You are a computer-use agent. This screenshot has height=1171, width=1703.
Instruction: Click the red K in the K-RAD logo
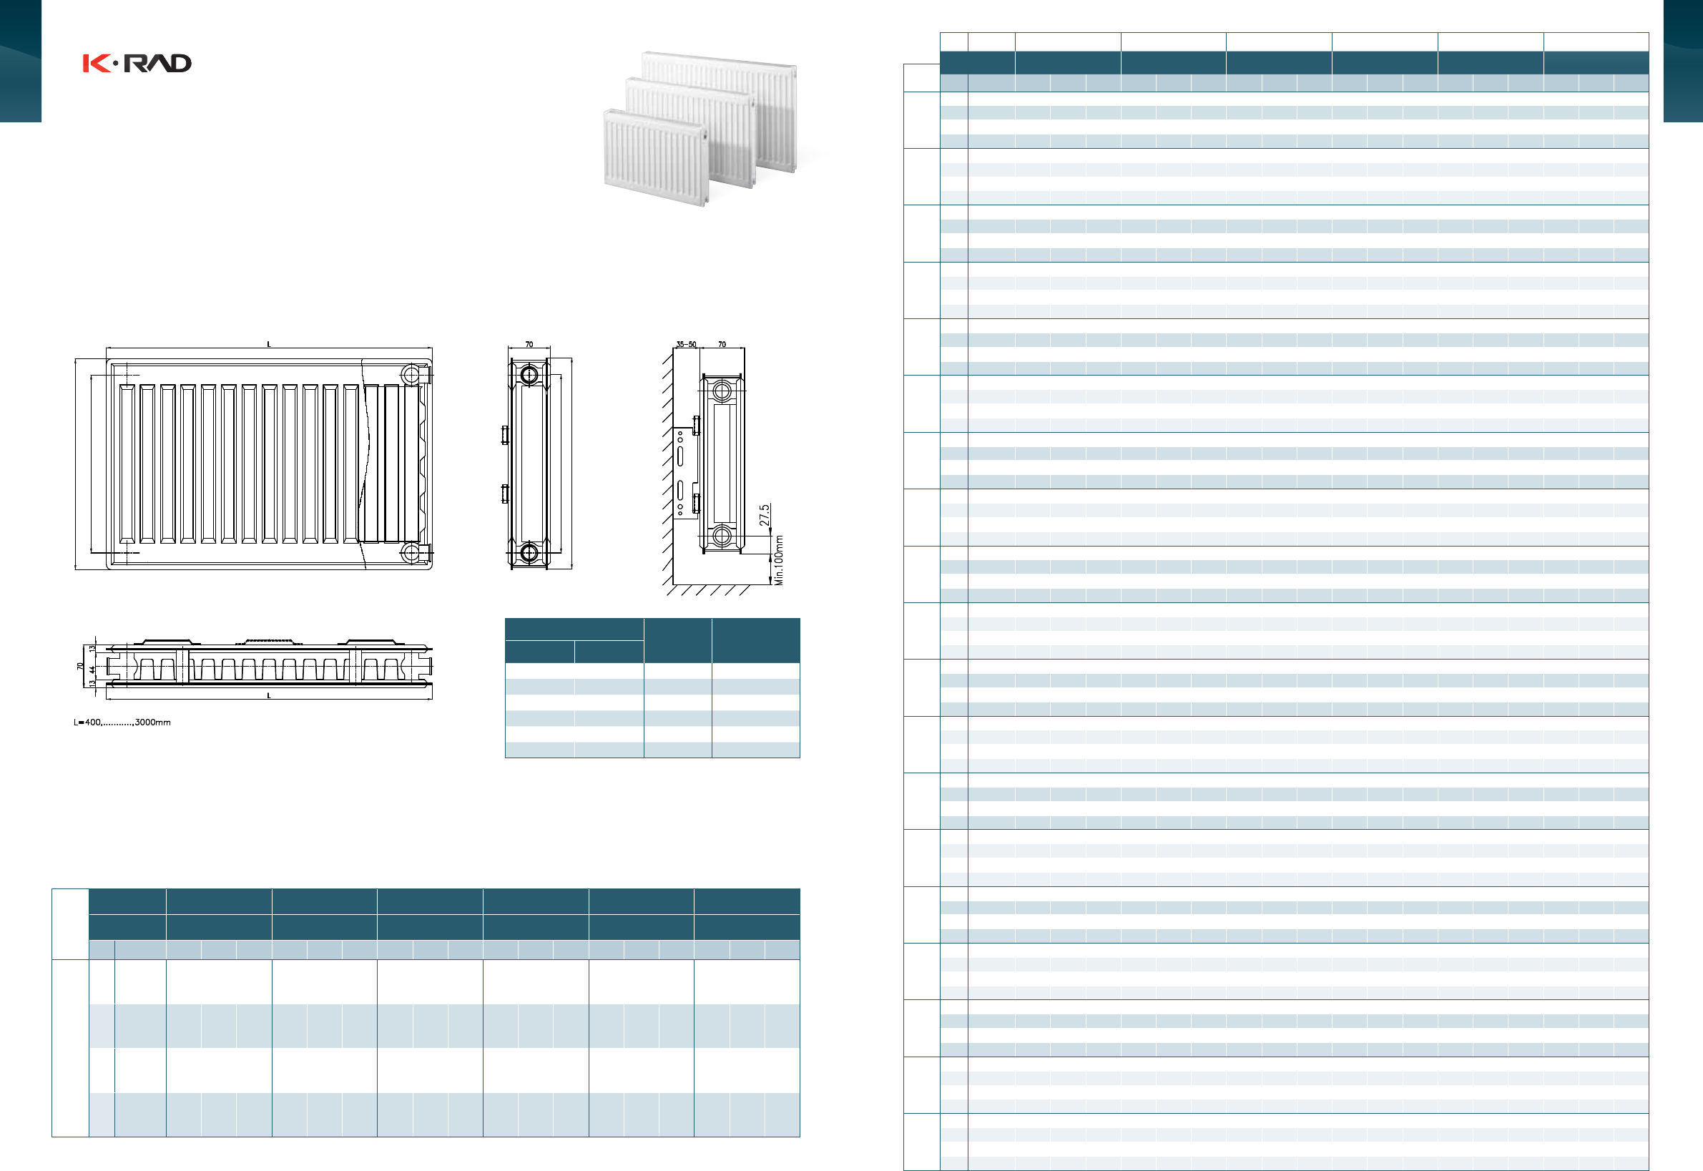pos(96,64)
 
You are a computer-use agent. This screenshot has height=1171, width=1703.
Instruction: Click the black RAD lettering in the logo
pos(157,64)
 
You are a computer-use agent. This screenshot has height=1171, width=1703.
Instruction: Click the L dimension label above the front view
pos(268,344)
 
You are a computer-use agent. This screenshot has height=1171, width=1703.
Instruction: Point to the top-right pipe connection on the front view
pos(411,375)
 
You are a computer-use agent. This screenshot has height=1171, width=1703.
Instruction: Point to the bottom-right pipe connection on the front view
pos(411,552)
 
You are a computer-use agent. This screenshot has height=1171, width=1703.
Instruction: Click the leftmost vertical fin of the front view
pos(127,464)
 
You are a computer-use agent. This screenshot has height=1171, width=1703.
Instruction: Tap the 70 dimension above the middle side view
pos(529,344)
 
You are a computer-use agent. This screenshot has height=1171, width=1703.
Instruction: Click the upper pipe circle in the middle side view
pos(529,376)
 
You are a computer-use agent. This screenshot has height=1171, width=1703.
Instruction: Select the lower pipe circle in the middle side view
pos(529,552)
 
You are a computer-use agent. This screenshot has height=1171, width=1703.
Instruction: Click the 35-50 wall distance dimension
pos(686,344)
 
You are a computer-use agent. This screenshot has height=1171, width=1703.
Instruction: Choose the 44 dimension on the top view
pos(92,669)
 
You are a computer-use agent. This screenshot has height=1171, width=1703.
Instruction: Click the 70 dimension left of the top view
pos(80,666)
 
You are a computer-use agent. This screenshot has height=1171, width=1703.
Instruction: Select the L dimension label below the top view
pos(268,695)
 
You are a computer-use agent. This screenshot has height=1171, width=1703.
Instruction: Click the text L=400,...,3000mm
pos(122,722)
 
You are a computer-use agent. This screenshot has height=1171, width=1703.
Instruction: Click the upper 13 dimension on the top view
pos(92,650)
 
